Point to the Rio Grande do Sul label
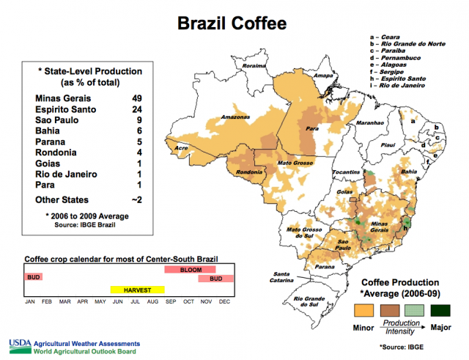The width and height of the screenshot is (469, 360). click(x=309, y=302)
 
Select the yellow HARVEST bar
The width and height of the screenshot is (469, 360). click(x=137, y=290)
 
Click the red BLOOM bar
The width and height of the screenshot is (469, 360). click(x=190, y=270)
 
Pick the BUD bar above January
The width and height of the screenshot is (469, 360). click(x=33, y=276)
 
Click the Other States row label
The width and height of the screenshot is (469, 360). click(x=62, y=199)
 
